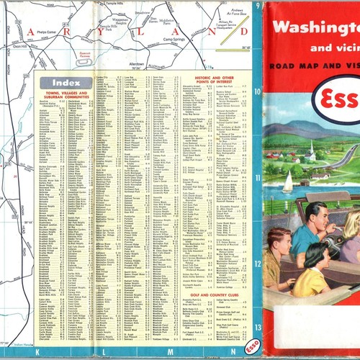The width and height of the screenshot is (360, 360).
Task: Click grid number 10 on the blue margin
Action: tap(257, 91)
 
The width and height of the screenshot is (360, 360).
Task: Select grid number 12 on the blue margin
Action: tap(257, 263)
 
